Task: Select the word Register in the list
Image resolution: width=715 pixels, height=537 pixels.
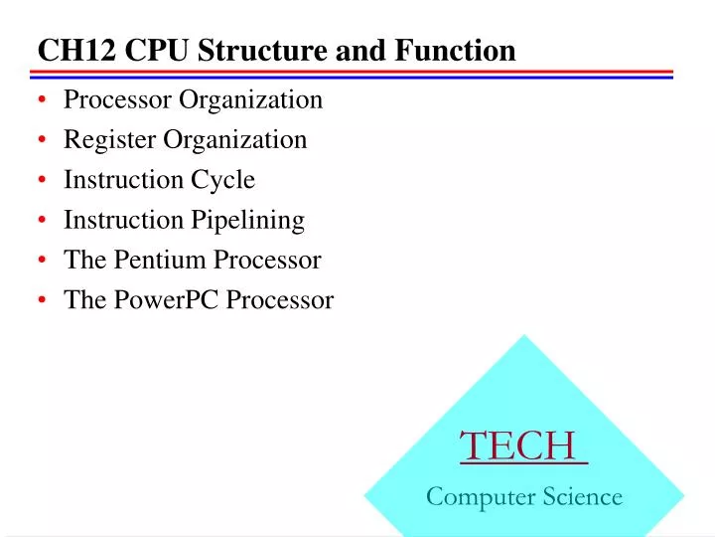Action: click(x=109, y=140)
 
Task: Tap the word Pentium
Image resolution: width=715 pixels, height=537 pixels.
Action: click(x=154, y=260)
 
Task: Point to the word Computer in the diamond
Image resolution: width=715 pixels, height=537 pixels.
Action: click(x=481, y=496)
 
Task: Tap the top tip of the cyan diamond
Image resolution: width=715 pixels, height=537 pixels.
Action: click(x=523, y=336)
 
